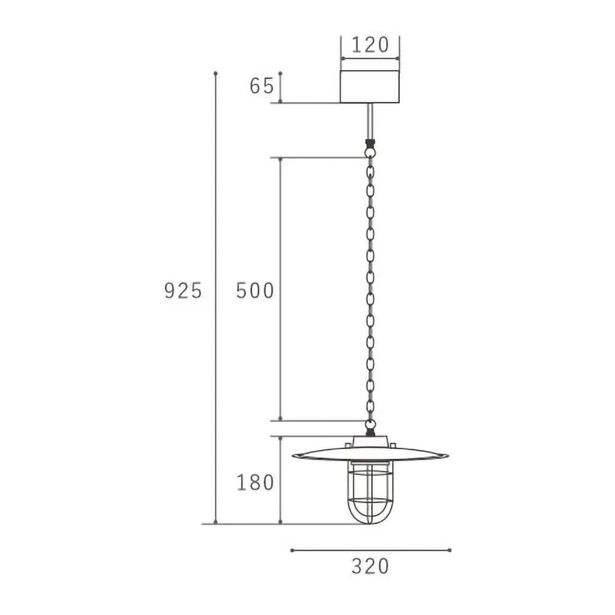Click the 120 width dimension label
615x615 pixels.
370,45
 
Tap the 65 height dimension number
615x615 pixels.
262,86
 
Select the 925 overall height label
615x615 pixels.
183,291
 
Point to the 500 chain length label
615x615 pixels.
255,291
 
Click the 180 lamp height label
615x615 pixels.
255,482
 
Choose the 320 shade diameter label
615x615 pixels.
370,566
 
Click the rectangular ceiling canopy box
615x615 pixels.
370,86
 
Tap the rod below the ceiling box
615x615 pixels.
370,121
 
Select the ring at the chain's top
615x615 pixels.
370,152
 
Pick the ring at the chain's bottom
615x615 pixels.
370,424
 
